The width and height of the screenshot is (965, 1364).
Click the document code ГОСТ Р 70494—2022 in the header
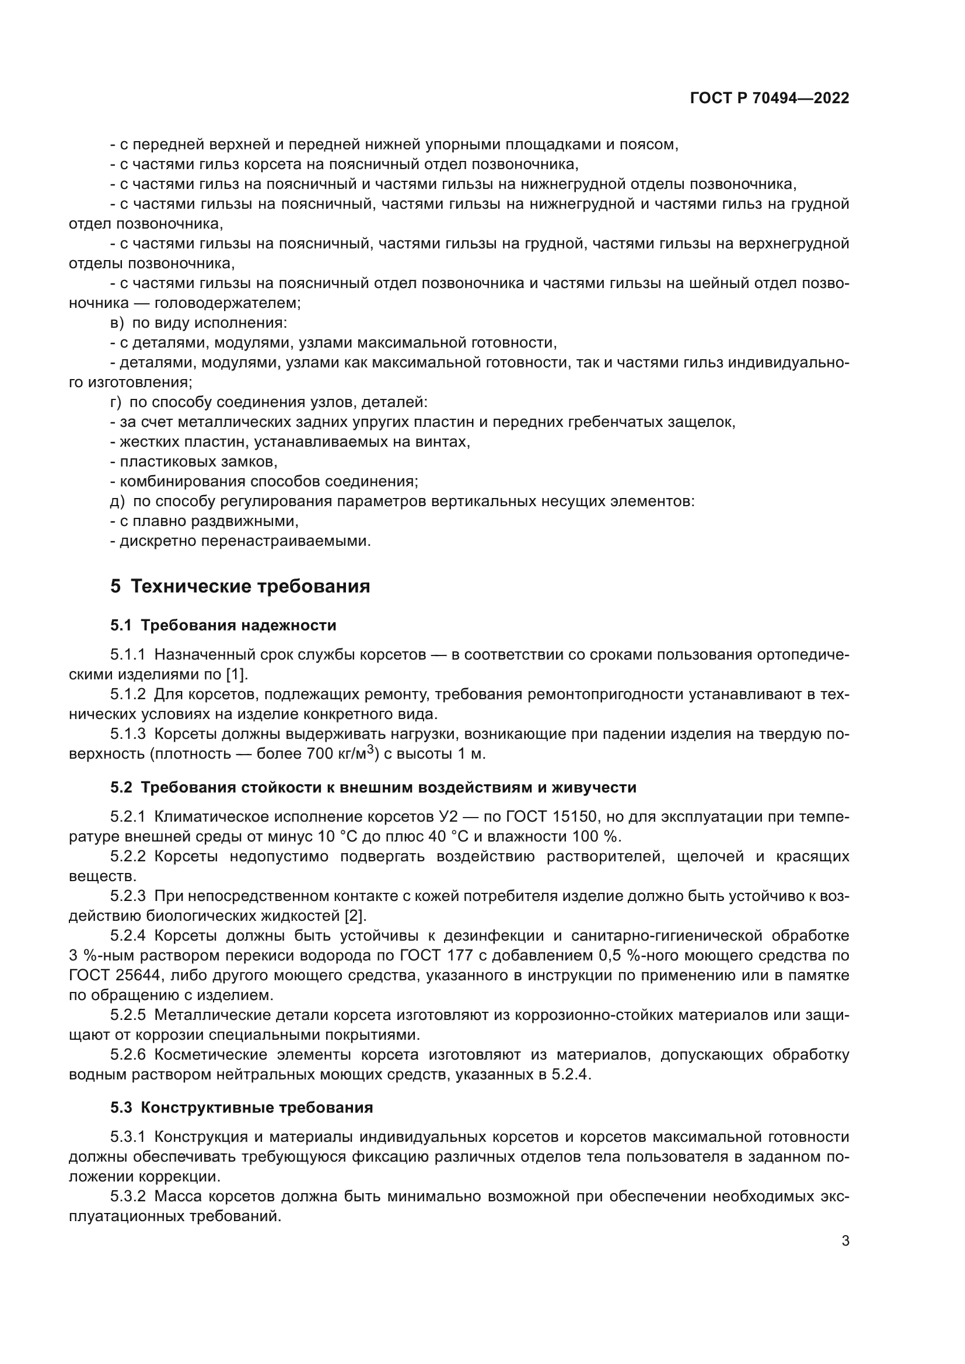770,99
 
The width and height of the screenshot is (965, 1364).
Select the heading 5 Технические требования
240,586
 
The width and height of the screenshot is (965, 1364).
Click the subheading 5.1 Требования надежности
223,625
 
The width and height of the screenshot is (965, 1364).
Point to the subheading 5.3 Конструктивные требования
242,1107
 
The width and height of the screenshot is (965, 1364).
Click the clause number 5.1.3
128,734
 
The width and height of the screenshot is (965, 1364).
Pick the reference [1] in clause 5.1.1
237,674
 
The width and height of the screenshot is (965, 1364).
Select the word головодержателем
228,303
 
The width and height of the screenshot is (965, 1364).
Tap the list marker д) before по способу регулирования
117,502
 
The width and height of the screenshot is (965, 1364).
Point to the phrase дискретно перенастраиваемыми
245,541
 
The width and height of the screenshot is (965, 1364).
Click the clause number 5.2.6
128,1054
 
